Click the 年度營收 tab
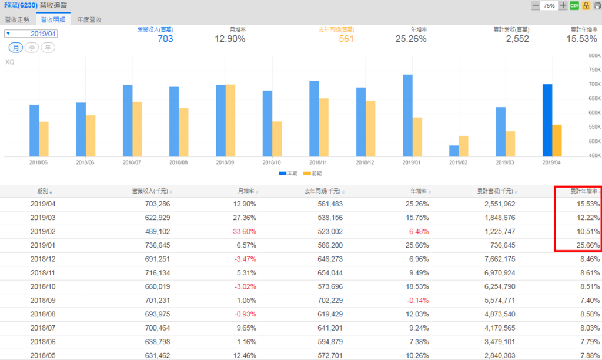(89, 19)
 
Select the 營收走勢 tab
(16, 19)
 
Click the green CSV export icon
(574, 5)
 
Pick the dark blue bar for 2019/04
(547, 120)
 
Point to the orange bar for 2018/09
(230, 121)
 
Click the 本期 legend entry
(288, 174)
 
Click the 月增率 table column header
(246, 191)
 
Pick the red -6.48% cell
(416, 232)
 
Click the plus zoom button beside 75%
(563, 5)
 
